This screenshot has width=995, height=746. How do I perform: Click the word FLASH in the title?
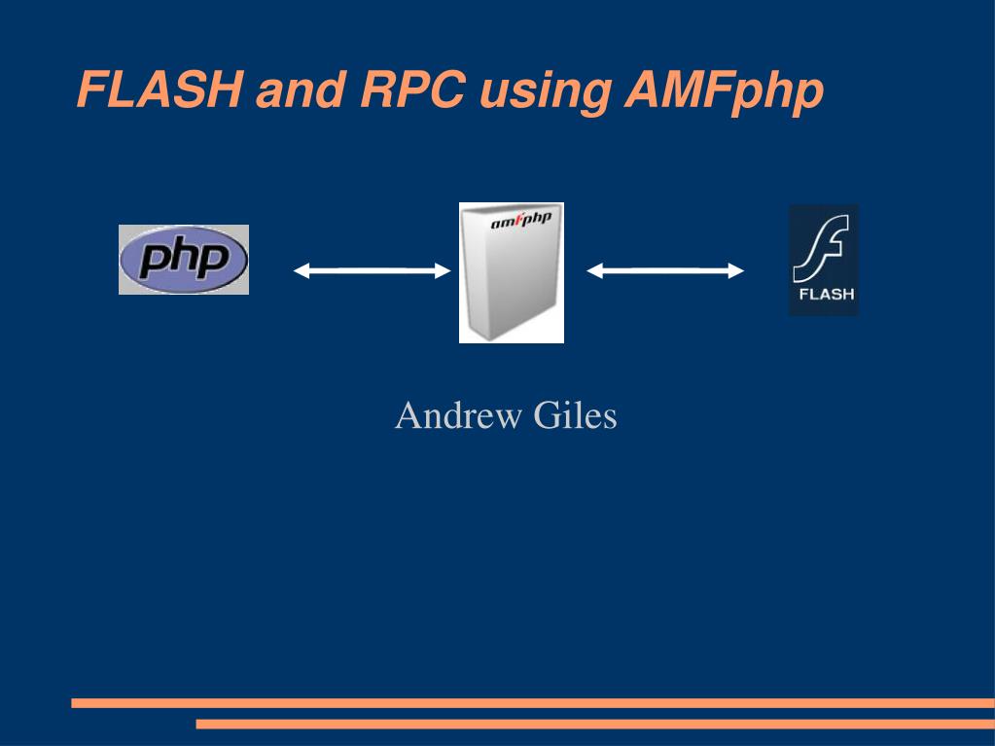(159, 89)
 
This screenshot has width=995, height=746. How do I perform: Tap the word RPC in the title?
(413, 89)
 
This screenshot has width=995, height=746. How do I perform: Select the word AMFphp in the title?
(724, 92)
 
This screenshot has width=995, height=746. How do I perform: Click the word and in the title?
(301, 89)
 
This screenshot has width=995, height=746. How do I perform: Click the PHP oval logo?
(184, 260)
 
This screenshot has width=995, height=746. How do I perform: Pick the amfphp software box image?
(512, 272)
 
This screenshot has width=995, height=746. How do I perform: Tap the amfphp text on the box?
(521, 220)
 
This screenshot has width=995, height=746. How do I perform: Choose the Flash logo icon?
(824, 260)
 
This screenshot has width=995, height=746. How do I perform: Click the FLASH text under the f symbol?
(826, 295)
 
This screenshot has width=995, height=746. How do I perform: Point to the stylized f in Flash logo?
(821, 249)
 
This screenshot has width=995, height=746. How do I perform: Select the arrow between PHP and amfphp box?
(372, 270)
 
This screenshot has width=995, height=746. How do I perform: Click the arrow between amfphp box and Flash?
(665, 270)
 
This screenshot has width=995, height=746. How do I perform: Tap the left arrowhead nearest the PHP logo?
(301, 270)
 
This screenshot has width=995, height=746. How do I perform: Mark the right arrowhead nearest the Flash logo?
(736, 270)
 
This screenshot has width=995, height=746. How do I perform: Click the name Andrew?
(457, 415)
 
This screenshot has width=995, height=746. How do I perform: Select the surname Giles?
(575, 415)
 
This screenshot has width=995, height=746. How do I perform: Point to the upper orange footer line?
(533, 703)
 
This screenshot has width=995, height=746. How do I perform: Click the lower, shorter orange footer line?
(595, 724)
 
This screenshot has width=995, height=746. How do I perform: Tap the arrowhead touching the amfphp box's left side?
(443, 270)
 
